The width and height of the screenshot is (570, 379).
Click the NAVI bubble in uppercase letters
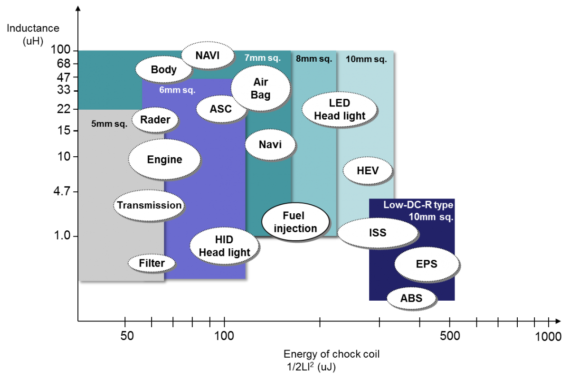(x=208, y=55)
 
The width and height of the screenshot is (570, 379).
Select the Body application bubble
(x=163, y=69)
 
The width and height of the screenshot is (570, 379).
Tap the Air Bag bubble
(x=261, y=88)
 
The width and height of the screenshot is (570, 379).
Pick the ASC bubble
(x=221, y=109)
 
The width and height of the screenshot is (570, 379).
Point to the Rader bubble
(x=155, y=120)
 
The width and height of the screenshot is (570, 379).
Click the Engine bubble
(x=165, y=160)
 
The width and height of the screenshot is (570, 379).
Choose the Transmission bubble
(x=149, y=205)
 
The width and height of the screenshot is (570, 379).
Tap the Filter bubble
(x=152, y=263)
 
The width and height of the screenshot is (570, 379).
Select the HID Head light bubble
(x=224, y=246)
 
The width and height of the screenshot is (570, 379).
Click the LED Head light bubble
(x=340, y=109)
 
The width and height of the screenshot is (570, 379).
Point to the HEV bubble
(x=368, y=171)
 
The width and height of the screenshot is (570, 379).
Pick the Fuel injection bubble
(x=295, y=222)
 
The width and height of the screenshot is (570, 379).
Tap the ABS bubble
(x=411, y=298)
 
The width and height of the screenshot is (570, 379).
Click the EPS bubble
(x=427, y=264)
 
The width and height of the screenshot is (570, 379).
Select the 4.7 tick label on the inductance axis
(x=62, y=191)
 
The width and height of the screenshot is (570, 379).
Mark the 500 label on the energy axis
(x=450, y=336)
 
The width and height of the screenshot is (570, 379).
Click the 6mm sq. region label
(x=177, y=90)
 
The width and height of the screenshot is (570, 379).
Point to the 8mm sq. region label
(x=314, y=59)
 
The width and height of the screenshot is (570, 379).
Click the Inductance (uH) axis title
(x=33, y=34)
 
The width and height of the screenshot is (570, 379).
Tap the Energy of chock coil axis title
(x=332, y=354)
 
